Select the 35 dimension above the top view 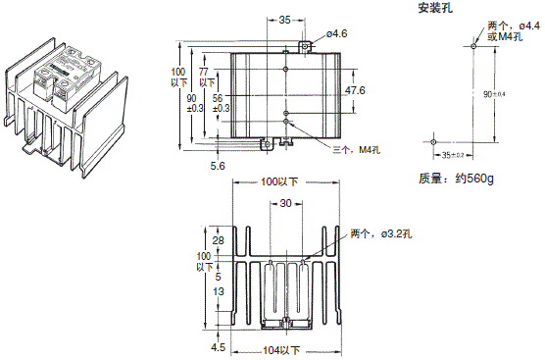point(258,20)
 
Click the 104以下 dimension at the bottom point(282,349)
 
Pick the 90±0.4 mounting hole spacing point(495,94)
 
